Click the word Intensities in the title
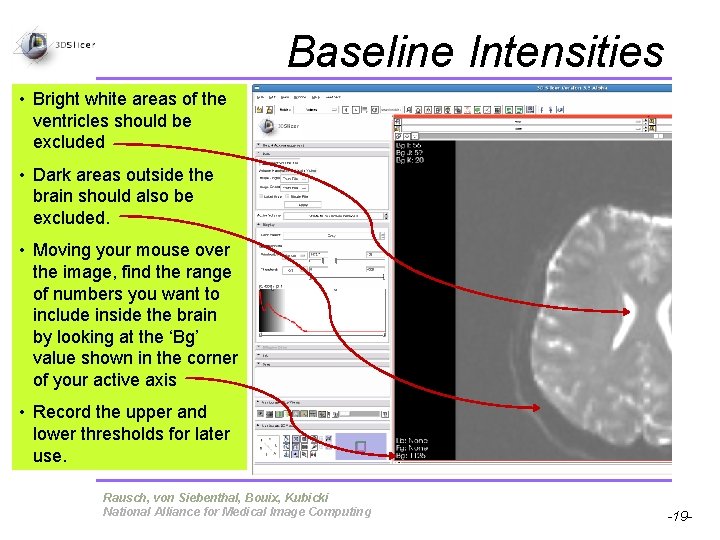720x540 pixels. click(566, 52)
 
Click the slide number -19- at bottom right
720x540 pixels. click(679, 516)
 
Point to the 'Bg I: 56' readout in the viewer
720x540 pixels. click(410, 146)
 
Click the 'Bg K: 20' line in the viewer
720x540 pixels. click(410, 160)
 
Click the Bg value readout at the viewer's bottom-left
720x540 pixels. click(412, 455)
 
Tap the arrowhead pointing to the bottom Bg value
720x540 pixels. click(390, 455)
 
